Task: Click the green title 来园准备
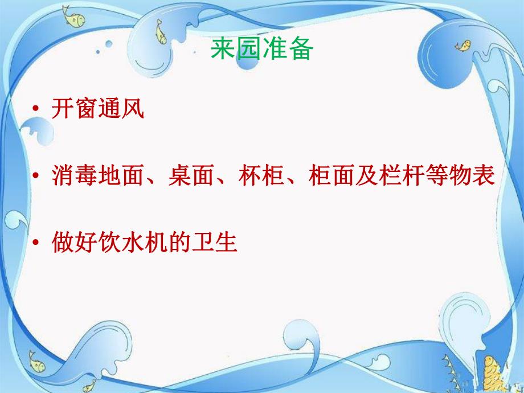(x=262, y=50)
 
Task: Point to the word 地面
(x=121, y=176)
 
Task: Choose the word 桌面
(x=192, y=176)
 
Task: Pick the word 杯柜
(x=262, y=176)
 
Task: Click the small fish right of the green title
(x=466, y=44)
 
